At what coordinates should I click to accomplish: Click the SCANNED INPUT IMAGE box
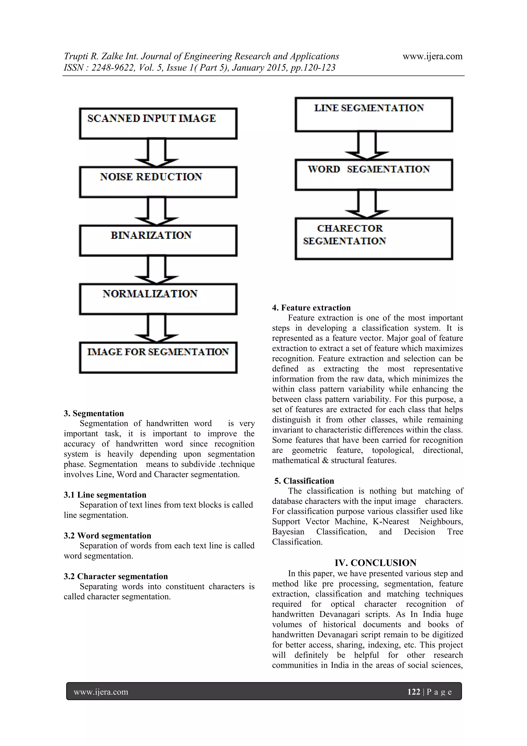pos(158,124)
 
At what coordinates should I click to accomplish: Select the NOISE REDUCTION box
pos(158,182)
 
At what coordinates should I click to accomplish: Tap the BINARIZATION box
pos(158,241)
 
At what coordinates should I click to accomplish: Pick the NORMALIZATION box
pos(158,299)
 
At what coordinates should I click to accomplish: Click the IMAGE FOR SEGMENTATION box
pos(158,358)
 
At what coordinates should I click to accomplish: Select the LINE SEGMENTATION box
pos(374,115)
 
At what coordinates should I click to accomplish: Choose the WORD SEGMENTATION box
pos(374,175)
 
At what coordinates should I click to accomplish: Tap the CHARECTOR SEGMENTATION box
pos(374,238)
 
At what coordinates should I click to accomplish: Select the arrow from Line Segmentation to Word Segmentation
pos(367,145)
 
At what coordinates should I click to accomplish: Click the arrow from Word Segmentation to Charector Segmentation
pos(367,203)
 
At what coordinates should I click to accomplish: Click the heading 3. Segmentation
pos(94,413)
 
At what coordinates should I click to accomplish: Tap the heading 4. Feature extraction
pos(311,308)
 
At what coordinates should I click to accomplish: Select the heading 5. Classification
pos(304,481)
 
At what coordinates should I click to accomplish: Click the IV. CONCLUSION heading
pos(376,563)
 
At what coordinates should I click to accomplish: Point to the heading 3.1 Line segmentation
pos(105,495)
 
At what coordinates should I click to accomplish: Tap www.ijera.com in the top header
pos(433,56)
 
